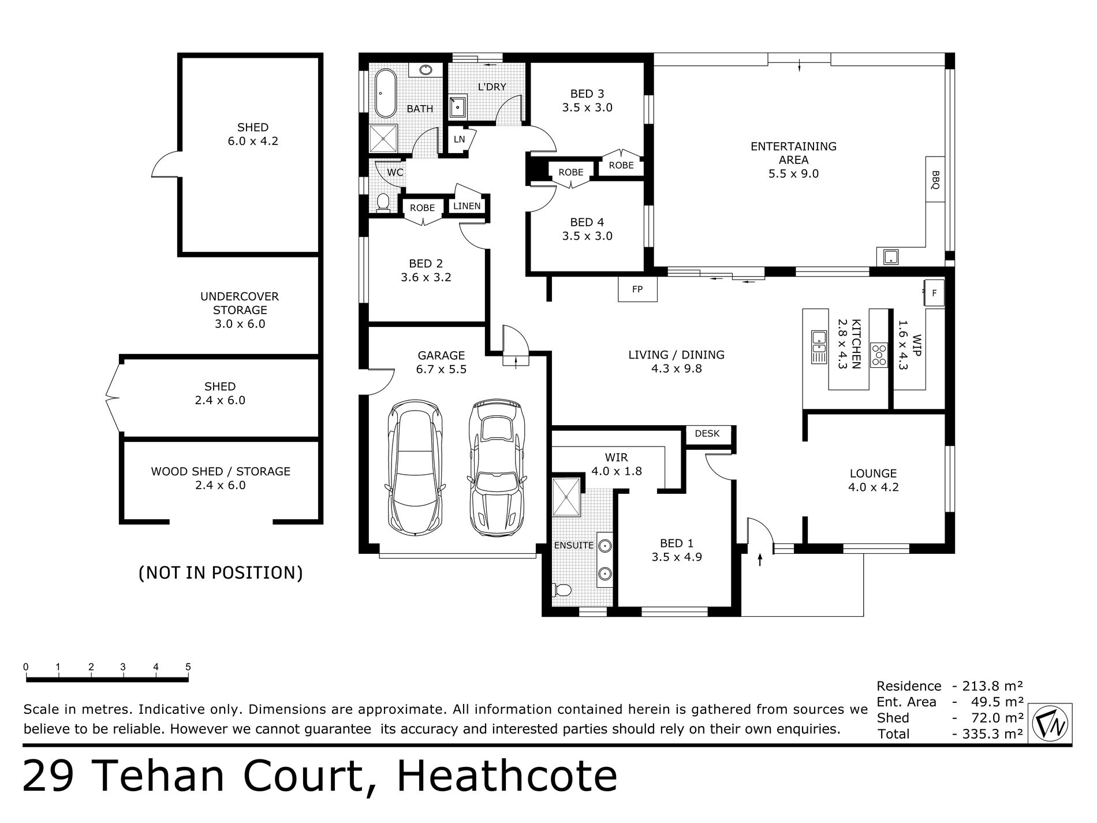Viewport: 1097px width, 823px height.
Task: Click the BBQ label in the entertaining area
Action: point(935,179)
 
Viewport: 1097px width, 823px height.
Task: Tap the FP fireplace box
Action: point(637,289)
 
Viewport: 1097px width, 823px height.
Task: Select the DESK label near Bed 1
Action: point(707,433)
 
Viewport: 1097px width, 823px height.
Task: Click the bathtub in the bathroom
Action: point(385,94)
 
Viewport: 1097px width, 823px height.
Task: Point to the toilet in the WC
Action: point(383,202)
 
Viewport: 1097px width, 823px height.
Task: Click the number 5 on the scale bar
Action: point(188,667)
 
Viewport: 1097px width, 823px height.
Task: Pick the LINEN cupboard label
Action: point(467,206)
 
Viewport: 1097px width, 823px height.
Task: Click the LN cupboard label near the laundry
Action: point(459,139)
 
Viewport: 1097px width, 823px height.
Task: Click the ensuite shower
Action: point(567,497)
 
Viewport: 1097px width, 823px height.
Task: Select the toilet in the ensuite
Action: point(562,590)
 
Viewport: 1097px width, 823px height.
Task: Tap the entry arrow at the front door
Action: point(759,559)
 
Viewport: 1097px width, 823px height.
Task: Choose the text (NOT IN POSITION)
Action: point(221,572)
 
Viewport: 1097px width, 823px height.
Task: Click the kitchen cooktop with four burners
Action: point(879,355)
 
